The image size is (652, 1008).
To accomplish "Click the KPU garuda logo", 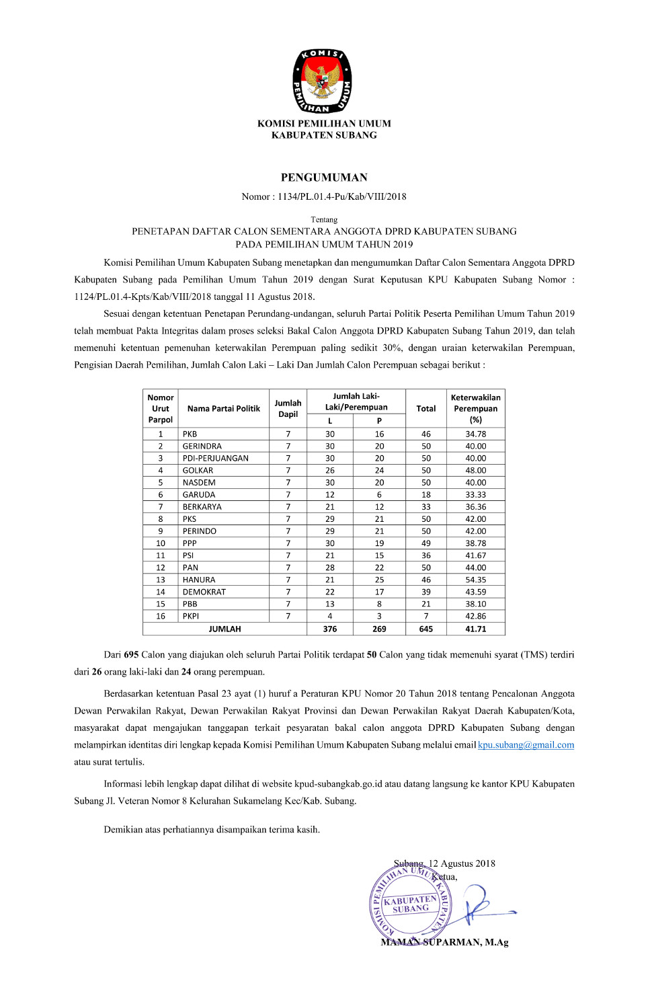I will coord(322,81).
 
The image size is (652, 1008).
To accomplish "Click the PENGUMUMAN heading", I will coord(324,178).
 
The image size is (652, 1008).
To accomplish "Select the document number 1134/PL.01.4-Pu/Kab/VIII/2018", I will coord(341,196).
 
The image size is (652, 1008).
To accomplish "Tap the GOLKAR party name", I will coord(198,471).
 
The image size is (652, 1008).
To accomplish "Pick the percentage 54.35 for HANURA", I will coord(475,580).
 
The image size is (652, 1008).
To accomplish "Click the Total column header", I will coord(425,408).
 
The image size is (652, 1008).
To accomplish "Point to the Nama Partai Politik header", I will coord(223,408).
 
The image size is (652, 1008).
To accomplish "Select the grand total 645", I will coord(425,629).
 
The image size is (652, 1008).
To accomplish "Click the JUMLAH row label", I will coord(225,629).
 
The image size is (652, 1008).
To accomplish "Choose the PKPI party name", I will coord(191,616).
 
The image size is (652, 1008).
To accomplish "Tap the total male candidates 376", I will coord(329,629).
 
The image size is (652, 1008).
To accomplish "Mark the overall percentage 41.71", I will coord(475,629).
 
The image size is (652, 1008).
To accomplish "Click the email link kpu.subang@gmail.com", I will coord(526,744).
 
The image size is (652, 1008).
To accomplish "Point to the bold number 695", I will coord(131,654).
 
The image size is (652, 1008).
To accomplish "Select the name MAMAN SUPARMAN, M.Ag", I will coord(444,942).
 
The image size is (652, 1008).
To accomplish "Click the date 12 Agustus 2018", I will coord(461,863).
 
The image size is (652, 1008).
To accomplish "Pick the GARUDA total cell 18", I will coord(425,495).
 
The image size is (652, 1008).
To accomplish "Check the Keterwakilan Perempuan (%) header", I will coord(475,408).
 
